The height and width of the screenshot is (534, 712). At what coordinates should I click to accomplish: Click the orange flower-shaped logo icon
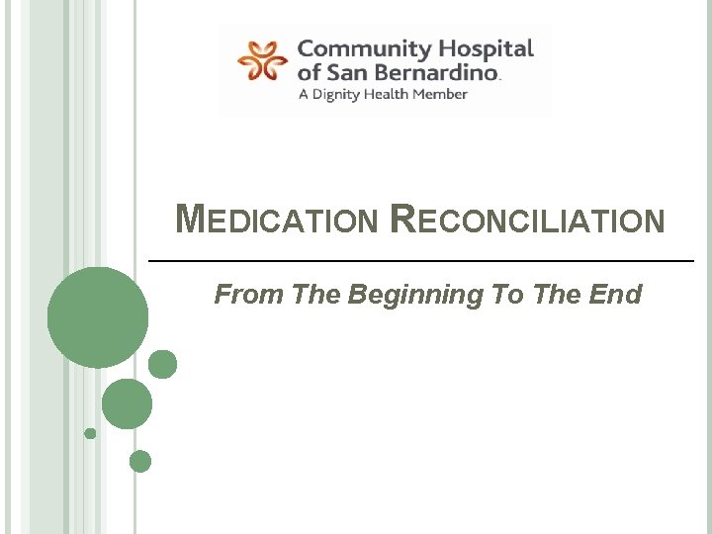(263, 60)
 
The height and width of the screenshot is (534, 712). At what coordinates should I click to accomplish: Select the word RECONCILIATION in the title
(528, 221)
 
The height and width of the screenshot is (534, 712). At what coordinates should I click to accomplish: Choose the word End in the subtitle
(617, 295)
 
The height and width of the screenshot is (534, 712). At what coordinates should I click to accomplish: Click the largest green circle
(98, 317)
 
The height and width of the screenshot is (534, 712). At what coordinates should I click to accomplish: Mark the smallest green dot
(90, 433)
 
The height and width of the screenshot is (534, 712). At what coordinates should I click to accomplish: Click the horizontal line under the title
(420, 260)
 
